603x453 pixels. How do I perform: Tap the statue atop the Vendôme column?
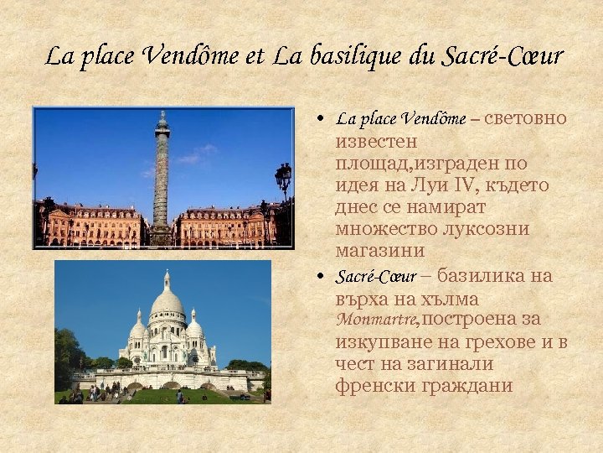tap(162, 118)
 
